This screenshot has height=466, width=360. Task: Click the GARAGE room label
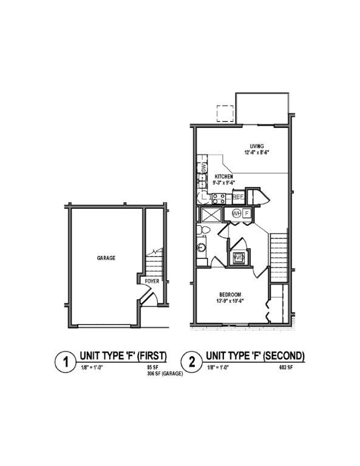(106, 258)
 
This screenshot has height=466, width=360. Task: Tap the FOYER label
(152, 282)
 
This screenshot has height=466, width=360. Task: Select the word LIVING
(257, 146)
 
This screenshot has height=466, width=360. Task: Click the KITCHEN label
(224, 177)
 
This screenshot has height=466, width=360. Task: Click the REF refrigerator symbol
(238, 197)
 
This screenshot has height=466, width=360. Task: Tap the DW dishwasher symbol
(203, 167)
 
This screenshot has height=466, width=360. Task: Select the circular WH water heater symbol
(237, 213)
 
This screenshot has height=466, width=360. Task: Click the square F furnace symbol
(247, 213)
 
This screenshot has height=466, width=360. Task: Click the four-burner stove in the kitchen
(219, 197)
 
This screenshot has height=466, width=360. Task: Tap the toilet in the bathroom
(205, 231)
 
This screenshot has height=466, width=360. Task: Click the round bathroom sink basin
(202, 248)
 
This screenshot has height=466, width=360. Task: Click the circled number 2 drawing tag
(192, 363)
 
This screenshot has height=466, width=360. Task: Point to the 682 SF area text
(287, 368)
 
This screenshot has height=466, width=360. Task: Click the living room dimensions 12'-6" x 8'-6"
(257, 153)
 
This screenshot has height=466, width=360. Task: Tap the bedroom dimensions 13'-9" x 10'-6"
(231, 301)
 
